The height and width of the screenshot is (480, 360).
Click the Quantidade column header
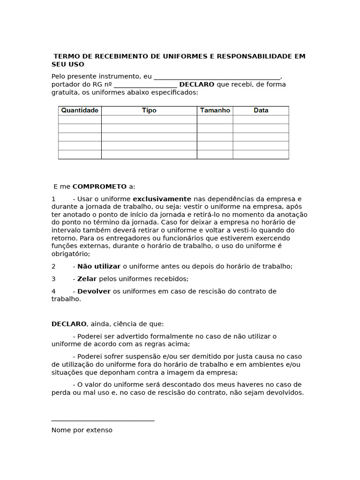80,110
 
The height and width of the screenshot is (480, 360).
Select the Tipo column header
149,110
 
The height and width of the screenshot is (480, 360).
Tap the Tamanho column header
215,110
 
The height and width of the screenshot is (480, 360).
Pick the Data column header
261,110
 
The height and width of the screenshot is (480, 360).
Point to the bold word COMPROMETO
99,187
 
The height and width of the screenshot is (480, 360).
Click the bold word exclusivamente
162,199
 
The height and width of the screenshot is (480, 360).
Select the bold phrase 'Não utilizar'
99,266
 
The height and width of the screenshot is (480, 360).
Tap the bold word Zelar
87,279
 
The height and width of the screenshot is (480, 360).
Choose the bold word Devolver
94,292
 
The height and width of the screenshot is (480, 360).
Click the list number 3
53,279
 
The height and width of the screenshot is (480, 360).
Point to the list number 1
53,199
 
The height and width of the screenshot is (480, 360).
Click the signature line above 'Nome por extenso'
103,420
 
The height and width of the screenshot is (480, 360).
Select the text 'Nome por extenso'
82,430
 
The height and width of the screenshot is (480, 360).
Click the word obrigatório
70,254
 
